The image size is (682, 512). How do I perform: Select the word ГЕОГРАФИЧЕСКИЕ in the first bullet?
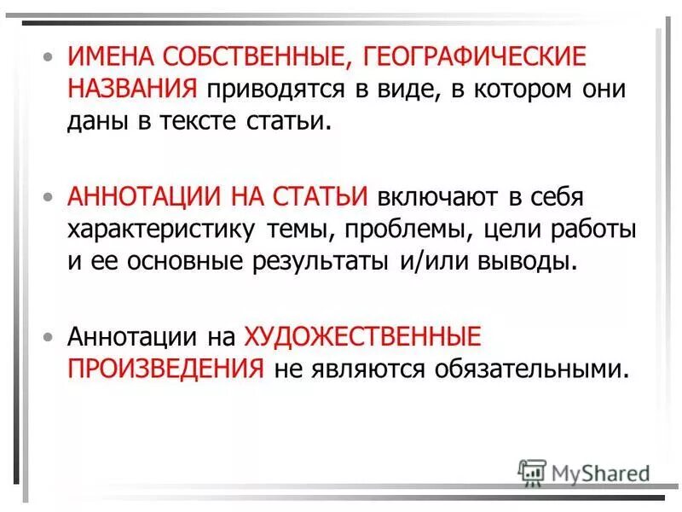476,58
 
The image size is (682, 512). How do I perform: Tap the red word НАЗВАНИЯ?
134,88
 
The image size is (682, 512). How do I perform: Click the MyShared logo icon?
532,470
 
